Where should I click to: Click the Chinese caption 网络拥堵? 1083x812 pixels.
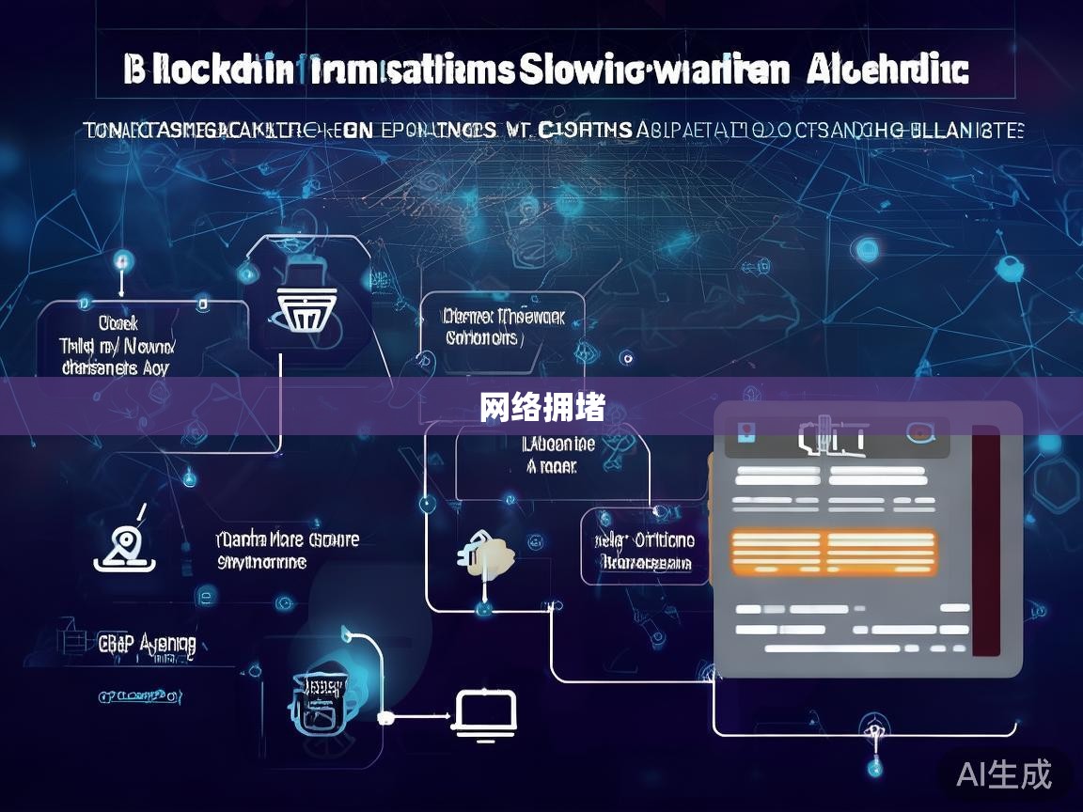pos(541,408)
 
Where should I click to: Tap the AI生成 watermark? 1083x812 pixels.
pos(1004,774)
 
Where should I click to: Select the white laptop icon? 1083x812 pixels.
pos(485,711)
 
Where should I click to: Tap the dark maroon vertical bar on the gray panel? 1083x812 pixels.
pos(984,539)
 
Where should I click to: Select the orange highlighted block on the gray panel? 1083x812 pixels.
pos(834,552)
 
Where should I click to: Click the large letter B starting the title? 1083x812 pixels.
pos(135,71)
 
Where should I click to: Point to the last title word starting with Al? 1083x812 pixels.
pos(885,70)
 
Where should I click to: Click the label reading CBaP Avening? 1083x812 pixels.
pos(148,644)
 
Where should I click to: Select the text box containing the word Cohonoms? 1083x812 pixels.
pos(502,328)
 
